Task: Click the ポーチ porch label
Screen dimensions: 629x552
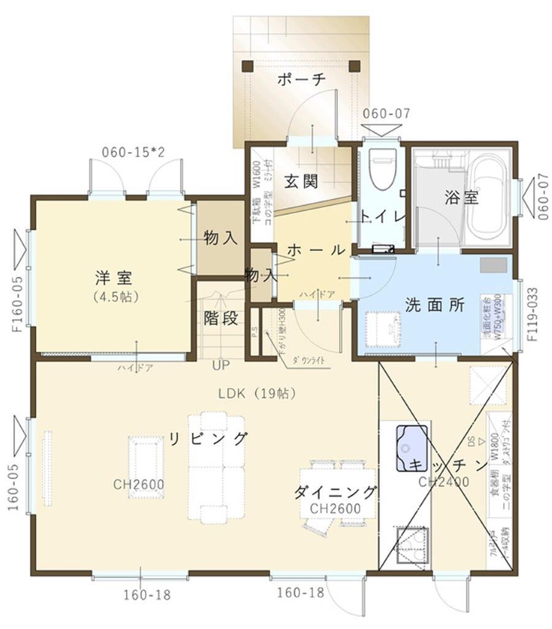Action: click(x=302, y=80)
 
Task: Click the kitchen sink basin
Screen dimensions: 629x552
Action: click(x=411, y=438)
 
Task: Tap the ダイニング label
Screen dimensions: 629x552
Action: click(x=334, y=492)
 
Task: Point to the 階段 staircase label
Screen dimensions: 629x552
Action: click(x=221, y=318)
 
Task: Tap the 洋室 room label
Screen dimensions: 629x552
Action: click(x=114, y=277)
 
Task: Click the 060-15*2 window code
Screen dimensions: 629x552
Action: click(x=133, y=153)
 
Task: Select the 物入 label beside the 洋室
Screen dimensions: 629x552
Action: click(x=221, y=238)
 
